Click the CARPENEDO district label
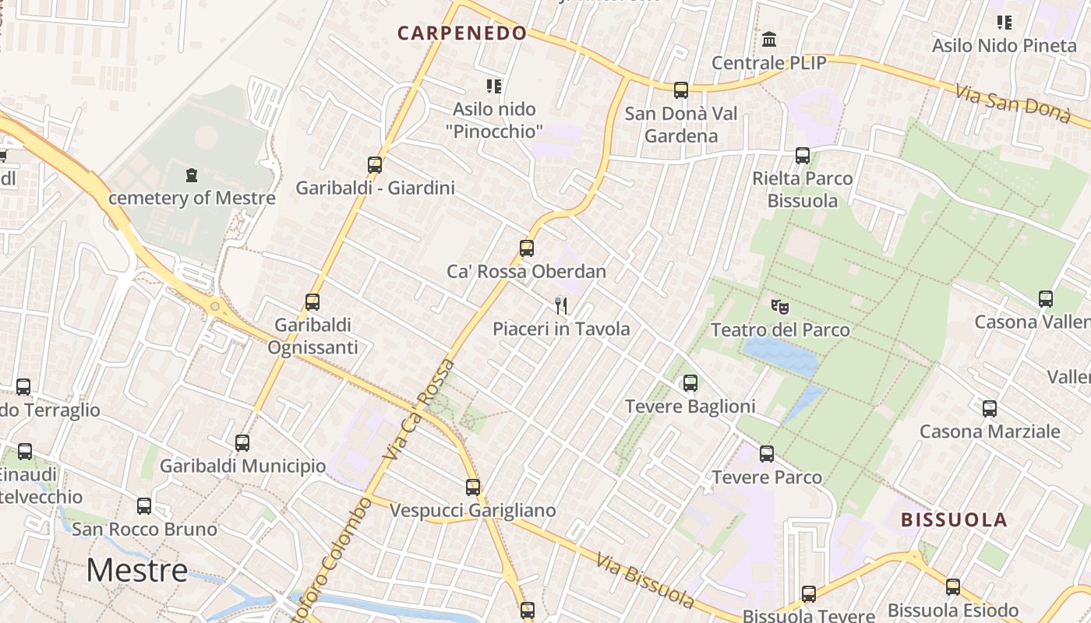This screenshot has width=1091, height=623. [x=462, y=33]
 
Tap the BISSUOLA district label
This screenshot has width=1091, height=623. [x=954, y=520]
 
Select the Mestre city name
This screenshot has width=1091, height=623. [x=137, y=571]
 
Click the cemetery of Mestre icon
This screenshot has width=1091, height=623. [x=192, y=175]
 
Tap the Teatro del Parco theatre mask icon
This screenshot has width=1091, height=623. [x=779, y=307]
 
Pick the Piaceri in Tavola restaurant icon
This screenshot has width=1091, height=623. [x=561, y=305]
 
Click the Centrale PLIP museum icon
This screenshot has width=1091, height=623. [x=769, y=39]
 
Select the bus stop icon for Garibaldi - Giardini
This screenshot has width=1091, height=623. [x=375, y=165]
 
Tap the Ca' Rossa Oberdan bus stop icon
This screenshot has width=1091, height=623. [x=527, y=248]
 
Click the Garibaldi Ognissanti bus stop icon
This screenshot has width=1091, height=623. [x=312, y=301]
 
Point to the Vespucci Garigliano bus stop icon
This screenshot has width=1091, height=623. [x=473, y=487]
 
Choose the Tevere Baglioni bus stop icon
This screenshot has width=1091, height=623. [x=690, y=383]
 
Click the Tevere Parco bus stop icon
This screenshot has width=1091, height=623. [x=767, y=454]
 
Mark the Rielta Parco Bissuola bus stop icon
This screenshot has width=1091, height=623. [x=803, y=155]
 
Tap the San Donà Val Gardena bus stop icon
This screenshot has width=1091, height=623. [x=681, y=90]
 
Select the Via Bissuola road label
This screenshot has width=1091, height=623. [x=645, y=580]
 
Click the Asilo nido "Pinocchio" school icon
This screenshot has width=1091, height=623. [x=494, y=86]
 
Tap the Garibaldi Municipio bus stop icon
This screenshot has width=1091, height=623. [x=242, y=443]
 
